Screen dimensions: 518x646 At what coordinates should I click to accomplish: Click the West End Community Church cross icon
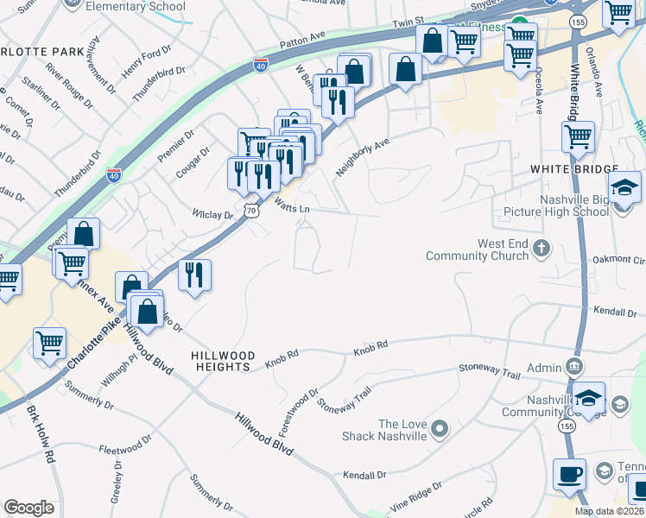pyautogui.click(x=541, y=250)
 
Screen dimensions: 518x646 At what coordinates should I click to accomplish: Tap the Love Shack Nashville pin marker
pyautogui.click(x=440, y=428)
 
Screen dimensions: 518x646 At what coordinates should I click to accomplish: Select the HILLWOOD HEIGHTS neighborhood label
pyautogui.click(x=223, y=361)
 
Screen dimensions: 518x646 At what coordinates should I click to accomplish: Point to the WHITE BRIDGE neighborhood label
pyautogui.click(x=573, y=169)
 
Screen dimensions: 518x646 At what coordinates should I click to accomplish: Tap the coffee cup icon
pyautogui.click(x=570, y=474)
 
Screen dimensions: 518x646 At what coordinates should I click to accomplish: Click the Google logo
pyautogui.click(x=28, y=508)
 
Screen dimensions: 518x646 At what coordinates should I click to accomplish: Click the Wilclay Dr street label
pyautogui.click(x=212, y=214)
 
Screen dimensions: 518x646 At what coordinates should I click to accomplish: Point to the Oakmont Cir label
pyautogui.click(x=618, y=260)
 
